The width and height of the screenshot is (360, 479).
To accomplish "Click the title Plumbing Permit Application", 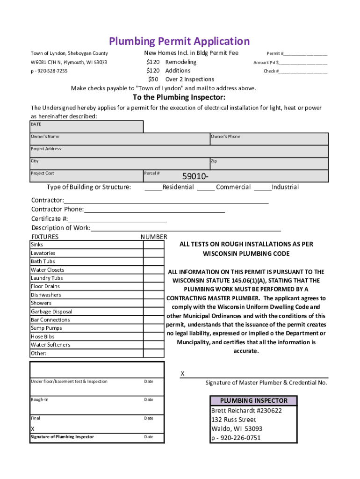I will point(180,41).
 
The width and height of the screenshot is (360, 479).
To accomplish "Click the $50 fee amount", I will point(153,79).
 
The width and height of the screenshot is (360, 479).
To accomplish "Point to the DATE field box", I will point(86,127).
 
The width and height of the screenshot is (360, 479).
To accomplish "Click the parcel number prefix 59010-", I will point(195,176).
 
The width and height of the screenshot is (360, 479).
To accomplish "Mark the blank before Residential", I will point(153,188).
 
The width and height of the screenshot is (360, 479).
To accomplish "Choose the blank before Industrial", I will point(263,188).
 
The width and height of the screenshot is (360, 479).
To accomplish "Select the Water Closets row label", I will point(48,270).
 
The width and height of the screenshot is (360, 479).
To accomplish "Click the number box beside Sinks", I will point(154,245).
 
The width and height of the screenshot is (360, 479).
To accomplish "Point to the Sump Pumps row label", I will point(46,328).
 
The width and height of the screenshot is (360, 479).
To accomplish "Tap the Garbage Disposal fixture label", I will point(51,312).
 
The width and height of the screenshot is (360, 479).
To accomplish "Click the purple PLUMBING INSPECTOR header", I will point(254,401).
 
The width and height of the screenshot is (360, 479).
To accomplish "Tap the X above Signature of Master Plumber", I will point(183,374).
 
